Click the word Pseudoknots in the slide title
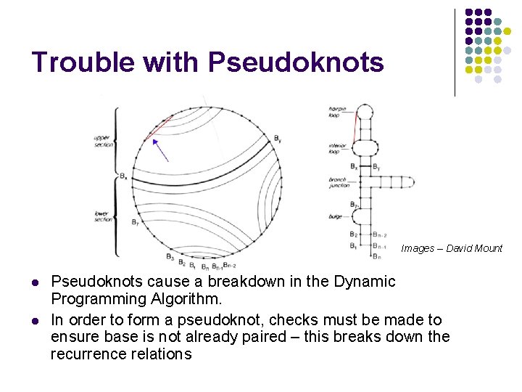(296, 63)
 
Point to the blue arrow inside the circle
(161, 150)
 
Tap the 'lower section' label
(103, 216)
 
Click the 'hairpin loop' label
(338, 112)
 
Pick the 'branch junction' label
(339, 181)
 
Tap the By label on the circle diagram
(278, 138)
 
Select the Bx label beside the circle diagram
(124, 176)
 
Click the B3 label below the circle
(170, 256)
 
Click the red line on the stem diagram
(355, 129)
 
